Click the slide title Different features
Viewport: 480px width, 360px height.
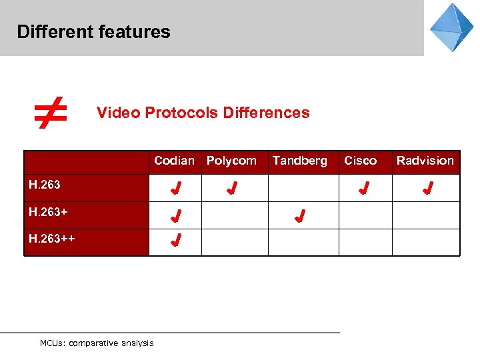pos(93,32)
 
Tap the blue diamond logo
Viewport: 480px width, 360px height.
pos(451,27)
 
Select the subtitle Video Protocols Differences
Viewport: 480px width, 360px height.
pos(203,113)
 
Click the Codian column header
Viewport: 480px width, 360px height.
pos(174,161)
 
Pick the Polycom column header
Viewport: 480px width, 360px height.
pos(231,161)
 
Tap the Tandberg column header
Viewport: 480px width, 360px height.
pos(300,161)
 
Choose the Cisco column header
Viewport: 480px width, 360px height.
pos(360,161)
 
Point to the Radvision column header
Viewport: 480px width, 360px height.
pos(425,161)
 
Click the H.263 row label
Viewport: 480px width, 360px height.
pos(45,185)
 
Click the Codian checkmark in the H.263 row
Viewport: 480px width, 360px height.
pos(175,189)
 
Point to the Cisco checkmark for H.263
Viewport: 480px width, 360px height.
pos(363,189)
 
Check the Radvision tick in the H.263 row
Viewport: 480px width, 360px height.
pos(427,189)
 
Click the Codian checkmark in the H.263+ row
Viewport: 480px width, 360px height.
pos(175,216)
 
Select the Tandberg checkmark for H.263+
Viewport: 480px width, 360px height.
pos(300,216)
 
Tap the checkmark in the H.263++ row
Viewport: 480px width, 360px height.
pos(175,241)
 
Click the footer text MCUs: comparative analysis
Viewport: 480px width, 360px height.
pos(97,343)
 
